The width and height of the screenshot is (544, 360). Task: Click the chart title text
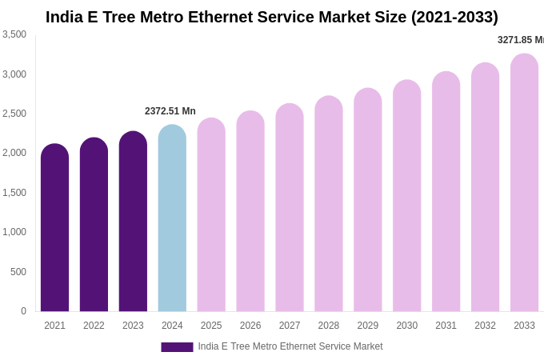pyautogui.click(x=272, y=17)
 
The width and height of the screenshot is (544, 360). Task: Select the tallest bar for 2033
pyautogui.click(x=524, y=183)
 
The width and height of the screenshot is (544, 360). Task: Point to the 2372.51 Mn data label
pyautogui.click(x=170, y=111)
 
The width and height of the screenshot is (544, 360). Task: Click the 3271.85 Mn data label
pyautogui.click(x=521, y=40)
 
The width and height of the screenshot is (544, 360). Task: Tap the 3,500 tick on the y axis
pyautogui.click(x=14, y=34)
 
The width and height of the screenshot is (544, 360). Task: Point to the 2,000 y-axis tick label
pyautogui.click(x=14, y=153)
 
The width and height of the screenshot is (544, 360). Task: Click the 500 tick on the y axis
pyautogui.click(x=18, y=272)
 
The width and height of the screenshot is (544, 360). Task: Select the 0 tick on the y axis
pyautogui.click(x=23, y=311)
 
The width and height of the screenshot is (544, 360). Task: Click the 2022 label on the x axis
pyautogui.click(x=94, y=326)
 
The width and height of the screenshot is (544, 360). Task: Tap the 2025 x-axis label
pyautogui.click(x=211, y=326)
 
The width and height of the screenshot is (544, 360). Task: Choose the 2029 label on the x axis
pyautogui.click(x=368, y=326)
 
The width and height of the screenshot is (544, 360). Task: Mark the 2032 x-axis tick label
pyautogui.click(x=485, y=326)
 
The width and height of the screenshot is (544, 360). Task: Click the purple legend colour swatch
pyautogui.click(x=177, y=347)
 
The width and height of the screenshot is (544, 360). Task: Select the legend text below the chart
pyautogui.click(x=290, y=346)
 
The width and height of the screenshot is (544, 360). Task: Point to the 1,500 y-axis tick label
pyautogui.click(x=14, y=193)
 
